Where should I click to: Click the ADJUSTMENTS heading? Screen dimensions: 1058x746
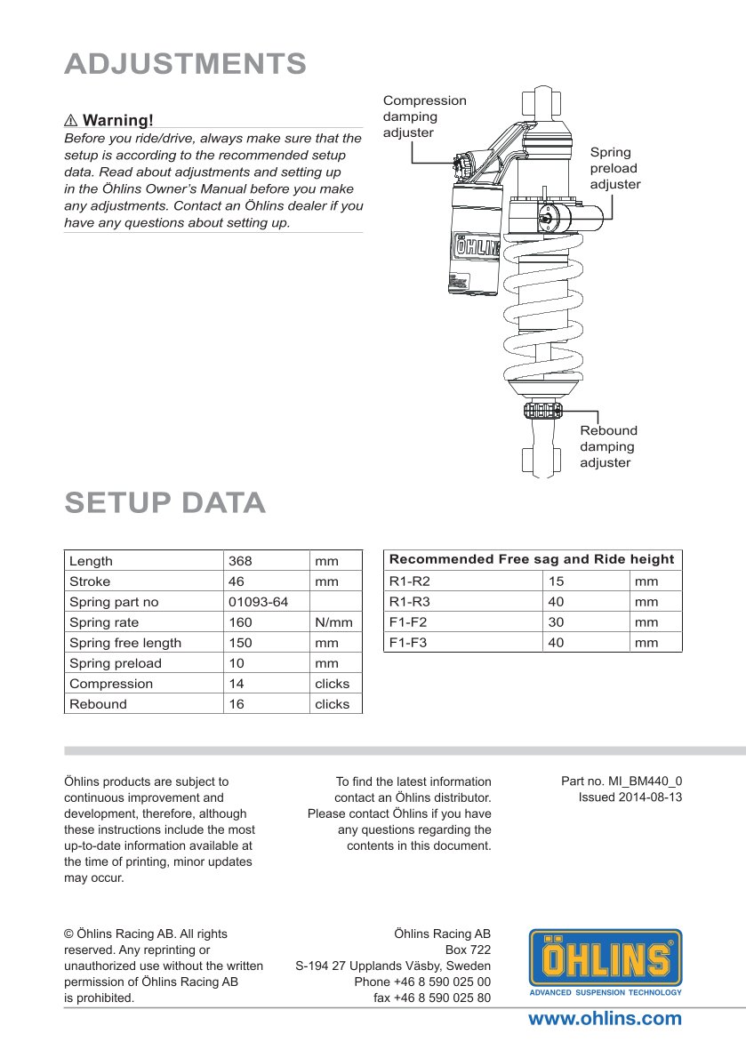tap(186, 64)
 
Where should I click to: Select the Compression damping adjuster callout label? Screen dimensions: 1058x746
tap(423, 116)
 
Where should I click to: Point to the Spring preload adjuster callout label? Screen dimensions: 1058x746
tap(614, 168)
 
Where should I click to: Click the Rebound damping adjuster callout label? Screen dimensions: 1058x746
tap(608, 446)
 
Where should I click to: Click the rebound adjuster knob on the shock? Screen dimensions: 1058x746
tap(542, 410)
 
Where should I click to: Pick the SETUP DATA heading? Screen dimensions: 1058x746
tap(165, 503)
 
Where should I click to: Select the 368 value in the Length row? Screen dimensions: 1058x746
tap(240, 561)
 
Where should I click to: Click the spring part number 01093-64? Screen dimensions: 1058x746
tap(258, 602)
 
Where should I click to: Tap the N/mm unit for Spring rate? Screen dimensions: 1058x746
tap(333, 622)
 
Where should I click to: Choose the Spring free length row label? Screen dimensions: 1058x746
tap(125, 643)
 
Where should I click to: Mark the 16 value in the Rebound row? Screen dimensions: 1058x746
tap(237, 704)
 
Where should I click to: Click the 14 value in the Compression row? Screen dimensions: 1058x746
tap(237, 684)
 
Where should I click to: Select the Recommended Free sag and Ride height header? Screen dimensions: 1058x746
tap(532, 559)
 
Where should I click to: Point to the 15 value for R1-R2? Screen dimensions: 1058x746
tap(557, 581)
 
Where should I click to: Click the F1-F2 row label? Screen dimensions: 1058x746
tap(409, 622)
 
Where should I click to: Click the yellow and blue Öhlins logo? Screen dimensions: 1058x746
tap(606, 962)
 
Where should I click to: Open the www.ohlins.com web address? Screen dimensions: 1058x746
tap(605, 1019)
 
